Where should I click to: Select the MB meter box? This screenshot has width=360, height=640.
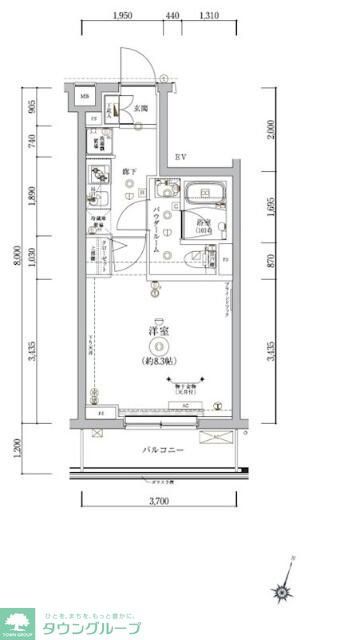click(83, 97)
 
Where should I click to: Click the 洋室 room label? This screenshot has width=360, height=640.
click(157, 330)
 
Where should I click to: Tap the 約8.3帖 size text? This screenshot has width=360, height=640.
click(158, 361)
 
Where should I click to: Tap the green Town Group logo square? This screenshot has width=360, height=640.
click(18, 621)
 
